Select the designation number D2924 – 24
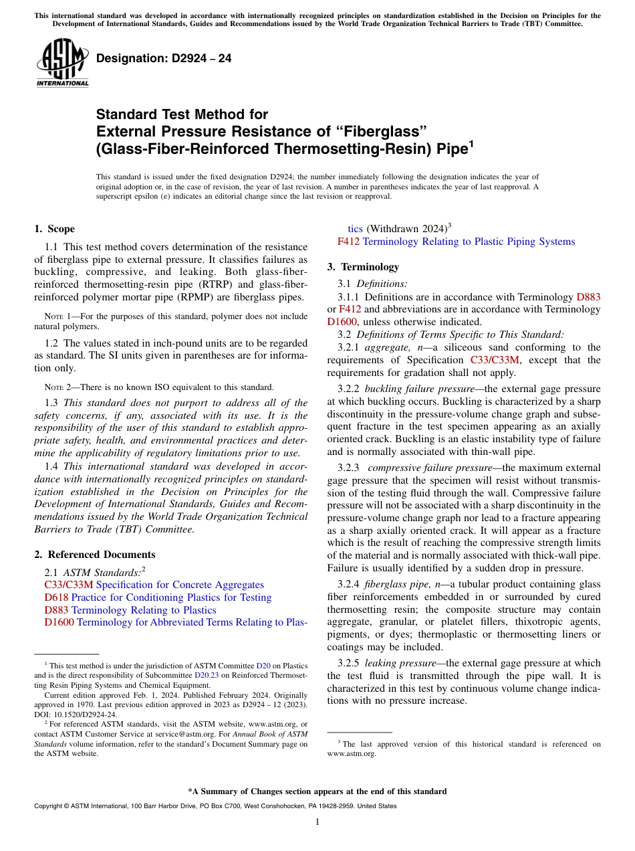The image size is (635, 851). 164,58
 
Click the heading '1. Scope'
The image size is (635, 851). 54,229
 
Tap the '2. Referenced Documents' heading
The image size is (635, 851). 94,555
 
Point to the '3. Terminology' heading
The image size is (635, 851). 363,267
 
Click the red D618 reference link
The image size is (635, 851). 56,597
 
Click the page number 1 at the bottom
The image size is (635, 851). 317,822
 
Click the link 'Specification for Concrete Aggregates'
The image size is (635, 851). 180,585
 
